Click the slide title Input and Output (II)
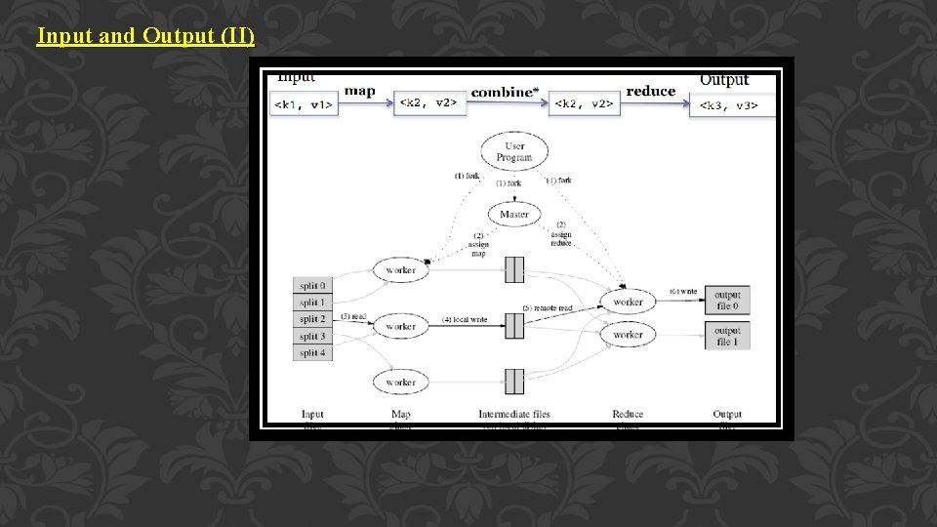point(145,37)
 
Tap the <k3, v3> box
point(731,105)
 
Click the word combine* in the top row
point(504,92)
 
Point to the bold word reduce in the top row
point(651,91)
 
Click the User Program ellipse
point(514,151)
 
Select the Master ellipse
point(514,215)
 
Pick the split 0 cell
point(312,286)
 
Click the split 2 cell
point(312,319)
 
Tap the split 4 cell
point(312,352)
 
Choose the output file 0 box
point(727,301)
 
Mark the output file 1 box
point(727,336)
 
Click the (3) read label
point(353,316)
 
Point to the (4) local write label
point(464,320)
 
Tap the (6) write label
point(683,291)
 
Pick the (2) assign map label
point(477,244)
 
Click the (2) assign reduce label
point(560,234)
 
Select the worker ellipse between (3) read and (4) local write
point(400,326)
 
